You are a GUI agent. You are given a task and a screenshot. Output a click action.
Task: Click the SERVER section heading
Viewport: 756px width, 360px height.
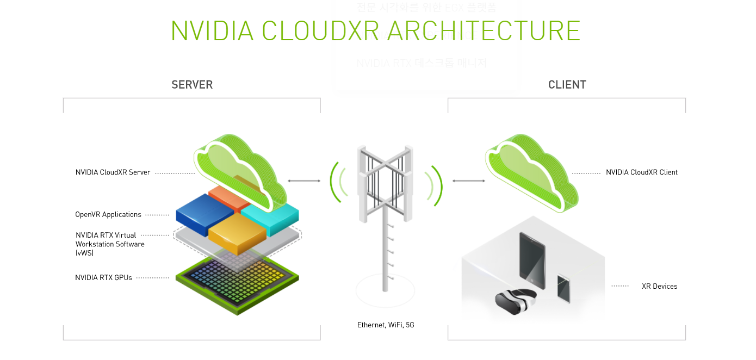192,85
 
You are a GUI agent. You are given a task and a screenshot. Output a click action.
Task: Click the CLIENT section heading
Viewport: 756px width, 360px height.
567,85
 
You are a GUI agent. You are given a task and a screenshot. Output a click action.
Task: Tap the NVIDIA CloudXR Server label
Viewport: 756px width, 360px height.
113,172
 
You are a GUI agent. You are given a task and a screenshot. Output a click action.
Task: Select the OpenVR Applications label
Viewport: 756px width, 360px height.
108,214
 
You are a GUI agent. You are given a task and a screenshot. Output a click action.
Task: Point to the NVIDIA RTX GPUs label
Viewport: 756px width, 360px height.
103,277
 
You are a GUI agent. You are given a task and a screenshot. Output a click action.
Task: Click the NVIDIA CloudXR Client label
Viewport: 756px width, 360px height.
642,172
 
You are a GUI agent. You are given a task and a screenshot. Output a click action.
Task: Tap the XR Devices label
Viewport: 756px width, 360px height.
659,286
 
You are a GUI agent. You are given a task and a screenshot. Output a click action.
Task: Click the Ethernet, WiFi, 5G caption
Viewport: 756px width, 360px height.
386,325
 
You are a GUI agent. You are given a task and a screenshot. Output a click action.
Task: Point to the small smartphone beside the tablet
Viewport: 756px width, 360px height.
563,288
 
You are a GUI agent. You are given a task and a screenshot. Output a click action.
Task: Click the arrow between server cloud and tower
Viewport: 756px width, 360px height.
303,181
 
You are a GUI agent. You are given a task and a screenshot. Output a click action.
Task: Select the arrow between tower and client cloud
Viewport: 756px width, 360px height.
468,181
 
